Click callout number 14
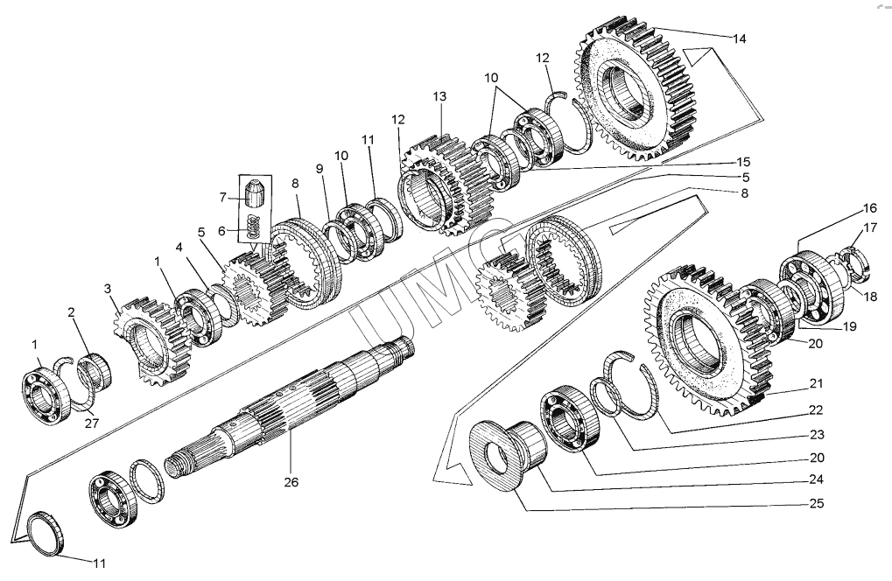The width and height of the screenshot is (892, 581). [x=740, y=38]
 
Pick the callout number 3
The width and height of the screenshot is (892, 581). [x=108, y=288]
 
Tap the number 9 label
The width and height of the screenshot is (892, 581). [x=320, y=168]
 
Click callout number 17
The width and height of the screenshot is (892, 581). [x=870, y=229]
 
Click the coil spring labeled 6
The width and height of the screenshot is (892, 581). [x=253, y=227]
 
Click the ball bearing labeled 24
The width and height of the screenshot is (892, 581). [x=570, y=420]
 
